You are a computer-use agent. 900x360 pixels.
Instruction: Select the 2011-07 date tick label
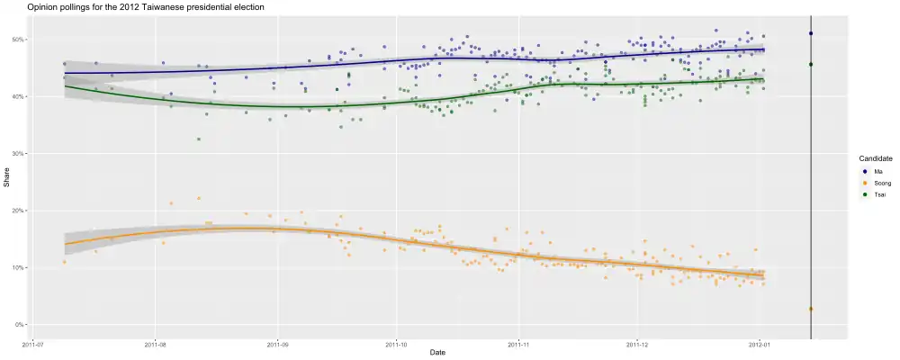[x=34, y=343]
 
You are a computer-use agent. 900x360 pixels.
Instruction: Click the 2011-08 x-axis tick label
[x=156, y=343]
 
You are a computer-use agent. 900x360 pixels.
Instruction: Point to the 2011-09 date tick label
[x=277, y=343]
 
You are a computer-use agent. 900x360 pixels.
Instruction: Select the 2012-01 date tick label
[x=760, y=343]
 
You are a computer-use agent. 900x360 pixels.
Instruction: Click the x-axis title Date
[x=437, y=352]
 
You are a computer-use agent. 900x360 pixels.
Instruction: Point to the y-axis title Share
[x=6, y=183]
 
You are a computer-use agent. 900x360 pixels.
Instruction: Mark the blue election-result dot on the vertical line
[x=811, y=33]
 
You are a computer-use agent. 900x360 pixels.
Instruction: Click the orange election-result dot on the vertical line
[x=811, y=309]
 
